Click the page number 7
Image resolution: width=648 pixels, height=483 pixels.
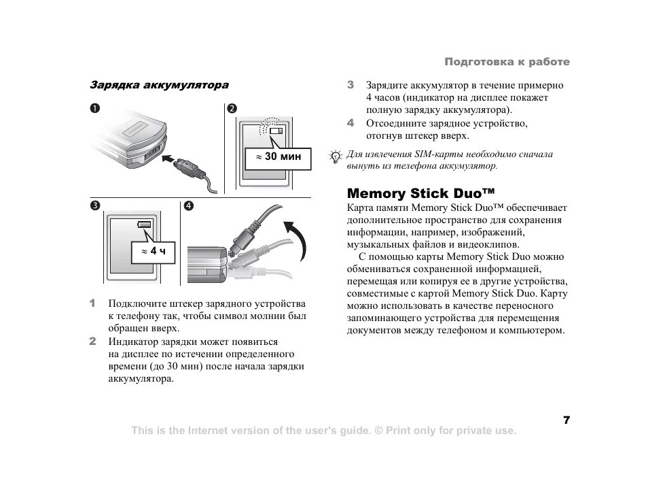click(x=566, y=419)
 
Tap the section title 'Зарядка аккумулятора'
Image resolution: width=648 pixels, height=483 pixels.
click(x=160, y=86)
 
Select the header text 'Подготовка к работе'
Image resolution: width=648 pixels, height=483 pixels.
click(x=507, y=62)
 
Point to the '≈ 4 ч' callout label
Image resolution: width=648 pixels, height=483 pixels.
click(x=153, y=252)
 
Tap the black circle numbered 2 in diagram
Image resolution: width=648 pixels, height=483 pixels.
click(x=232, y=109)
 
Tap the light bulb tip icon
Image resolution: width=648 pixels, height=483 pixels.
click(x=336, y=156)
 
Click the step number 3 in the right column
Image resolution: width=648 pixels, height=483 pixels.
click(x=350, y=86)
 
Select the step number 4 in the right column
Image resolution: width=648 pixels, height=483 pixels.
click(x=350, y=123)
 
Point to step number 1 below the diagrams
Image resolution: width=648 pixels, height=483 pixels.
click(x=93, y=303)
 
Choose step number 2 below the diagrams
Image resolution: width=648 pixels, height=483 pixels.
click(x=93, y=341)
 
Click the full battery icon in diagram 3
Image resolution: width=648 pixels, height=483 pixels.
click(x=145, y=224)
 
